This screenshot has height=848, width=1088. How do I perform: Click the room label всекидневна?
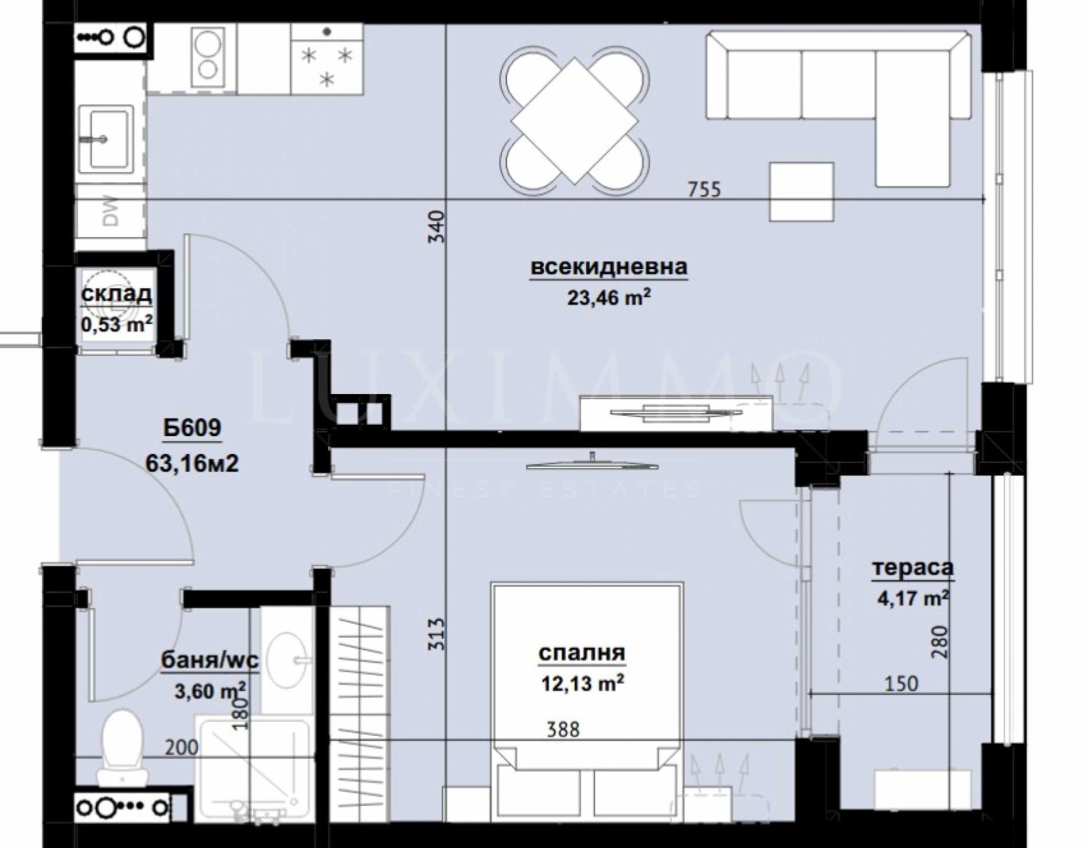[x=609, y=267]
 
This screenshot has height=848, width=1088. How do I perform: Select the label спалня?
[x=581, y=653]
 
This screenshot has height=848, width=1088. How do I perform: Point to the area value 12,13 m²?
[x=582, y=683]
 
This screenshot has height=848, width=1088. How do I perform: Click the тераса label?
[x=913, y=568]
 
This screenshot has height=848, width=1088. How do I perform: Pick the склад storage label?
[x=116, y=295]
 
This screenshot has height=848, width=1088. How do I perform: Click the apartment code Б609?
[x=192, y=428]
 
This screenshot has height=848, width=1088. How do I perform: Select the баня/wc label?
[x=210, y=660]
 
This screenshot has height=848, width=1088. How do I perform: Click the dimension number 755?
[x=703, y=190]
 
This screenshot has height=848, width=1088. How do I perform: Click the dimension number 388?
[x=564, y=730]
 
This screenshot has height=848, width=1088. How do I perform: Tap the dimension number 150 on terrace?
[x=901, y=683]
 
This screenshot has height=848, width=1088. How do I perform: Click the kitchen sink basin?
[x=104, y=139]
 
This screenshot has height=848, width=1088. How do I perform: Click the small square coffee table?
[x=802, y=192]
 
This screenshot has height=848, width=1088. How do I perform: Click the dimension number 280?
[x=938, y=643]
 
